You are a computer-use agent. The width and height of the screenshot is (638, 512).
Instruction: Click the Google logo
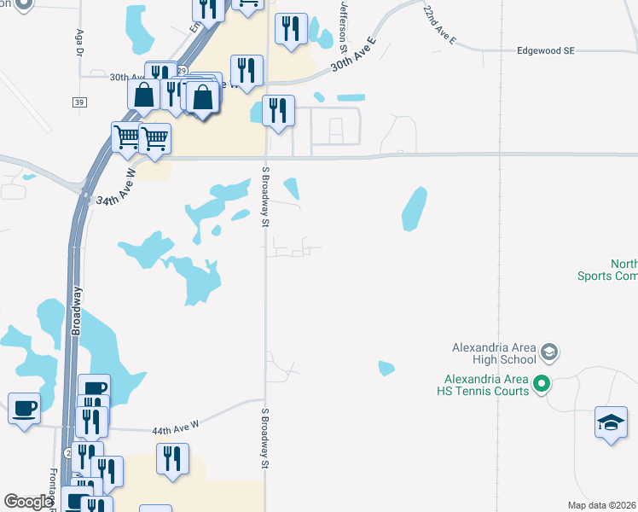tap(28, 502)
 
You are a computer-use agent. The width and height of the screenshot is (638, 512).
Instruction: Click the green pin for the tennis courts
tap(539, 385)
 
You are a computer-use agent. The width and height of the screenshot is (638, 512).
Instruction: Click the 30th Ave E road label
tap(353, 54)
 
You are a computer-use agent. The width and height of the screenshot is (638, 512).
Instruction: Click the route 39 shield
tap(79, 102)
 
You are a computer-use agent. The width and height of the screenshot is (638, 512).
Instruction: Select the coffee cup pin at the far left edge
tap(23, 407)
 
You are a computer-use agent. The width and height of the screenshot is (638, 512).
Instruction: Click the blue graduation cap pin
tap(611, 422)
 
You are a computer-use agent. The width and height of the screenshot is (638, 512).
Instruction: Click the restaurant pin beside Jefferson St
tap(292, 29)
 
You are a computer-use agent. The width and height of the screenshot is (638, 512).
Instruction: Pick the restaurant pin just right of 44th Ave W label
tap(173, 459)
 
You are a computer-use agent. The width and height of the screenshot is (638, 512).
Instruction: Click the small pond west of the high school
tap(386, 369)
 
